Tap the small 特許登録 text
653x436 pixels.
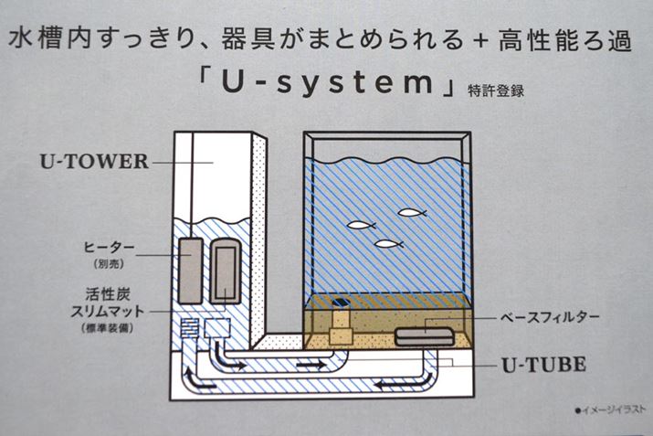tap(495, 90)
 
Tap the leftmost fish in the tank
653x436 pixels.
tap(360, 223)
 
